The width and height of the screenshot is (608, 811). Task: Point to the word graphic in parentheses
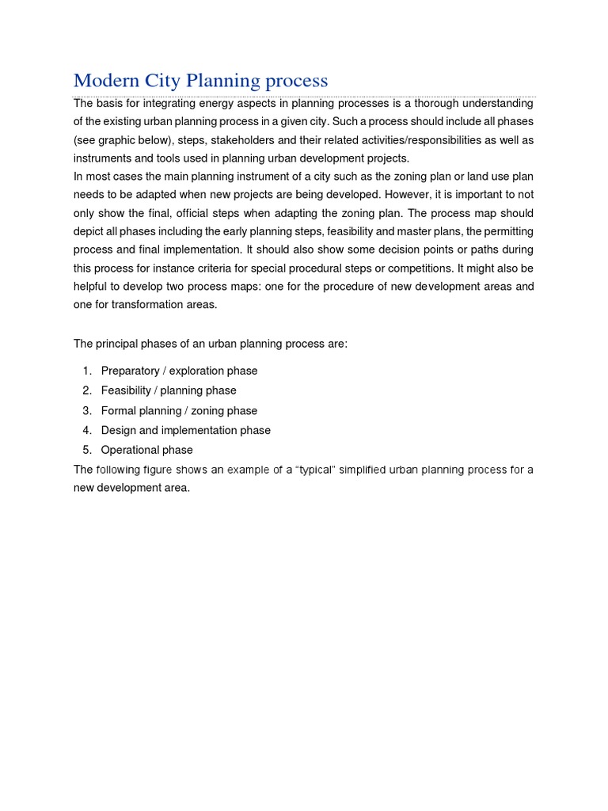[x=123, y=139]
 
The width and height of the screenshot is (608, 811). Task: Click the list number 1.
[x=85, y=371]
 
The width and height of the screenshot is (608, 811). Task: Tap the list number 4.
[x=85, y=430]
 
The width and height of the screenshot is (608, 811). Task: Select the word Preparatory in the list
[x=130, y=371]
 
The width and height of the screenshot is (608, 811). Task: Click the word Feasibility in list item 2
[x=126, y=390]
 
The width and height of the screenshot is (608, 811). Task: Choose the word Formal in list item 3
[x=118, y=410]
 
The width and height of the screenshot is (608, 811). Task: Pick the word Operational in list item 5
[x=129, y=450]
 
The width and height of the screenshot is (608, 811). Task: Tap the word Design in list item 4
[x=118, y=430]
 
